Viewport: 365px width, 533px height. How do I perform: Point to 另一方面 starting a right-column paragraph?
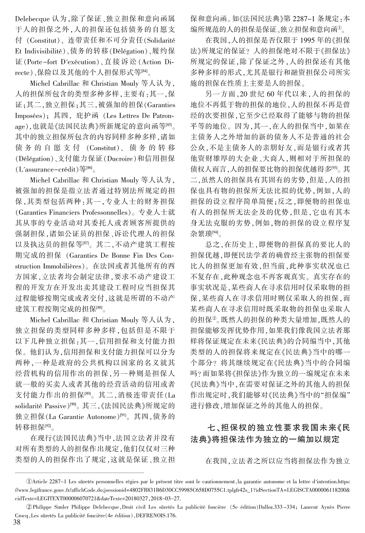click(221, 93)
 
